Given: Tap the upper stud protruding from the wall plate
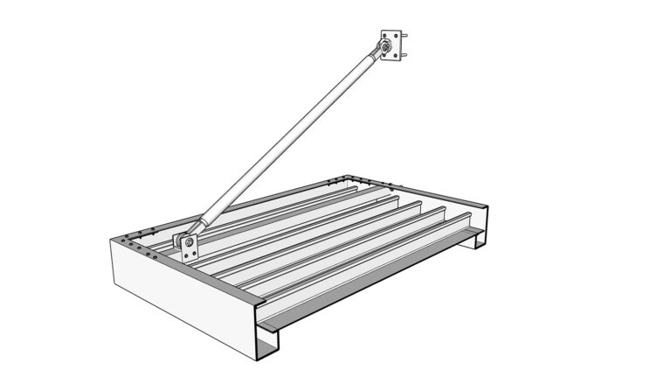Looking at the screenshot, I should coord(407,37).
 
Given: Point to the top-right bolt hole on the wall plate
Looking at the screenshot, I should coord(401,36).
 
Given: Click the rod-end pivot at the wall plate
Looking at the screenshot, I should coord(384,45).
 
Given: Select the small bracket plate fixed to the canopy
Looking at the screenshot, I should coord(186,242).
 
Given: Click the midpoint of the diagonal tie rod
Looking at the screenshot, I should coord(286,141).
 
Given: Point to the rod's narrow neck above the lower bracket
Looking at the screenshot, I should coord(202,223).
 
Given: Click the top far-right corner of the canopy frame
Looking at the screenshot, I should coord(486,207).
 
